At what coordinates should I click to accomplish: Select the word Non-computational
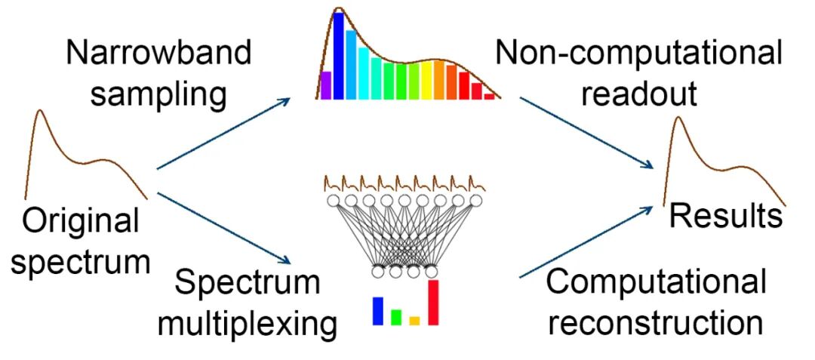click(638, 54)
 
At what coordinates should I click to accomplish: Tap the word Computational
click(656, 282)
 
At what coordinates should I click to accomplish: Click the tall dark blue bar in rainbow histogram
click(339, 56)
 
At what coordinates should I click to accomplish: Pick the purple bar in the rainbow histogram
click(326, 85)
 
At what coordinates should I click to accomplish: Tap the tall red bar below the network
click(433, 302)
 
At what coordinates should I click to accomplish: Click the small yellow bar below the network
click(414, 321)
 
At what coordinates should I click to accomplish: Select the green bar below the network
click(395, 317)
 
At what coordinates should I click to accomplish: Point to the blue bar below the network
click(377, 311)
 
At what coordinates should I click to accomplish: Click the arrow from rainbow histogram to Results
click(586, 131)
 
